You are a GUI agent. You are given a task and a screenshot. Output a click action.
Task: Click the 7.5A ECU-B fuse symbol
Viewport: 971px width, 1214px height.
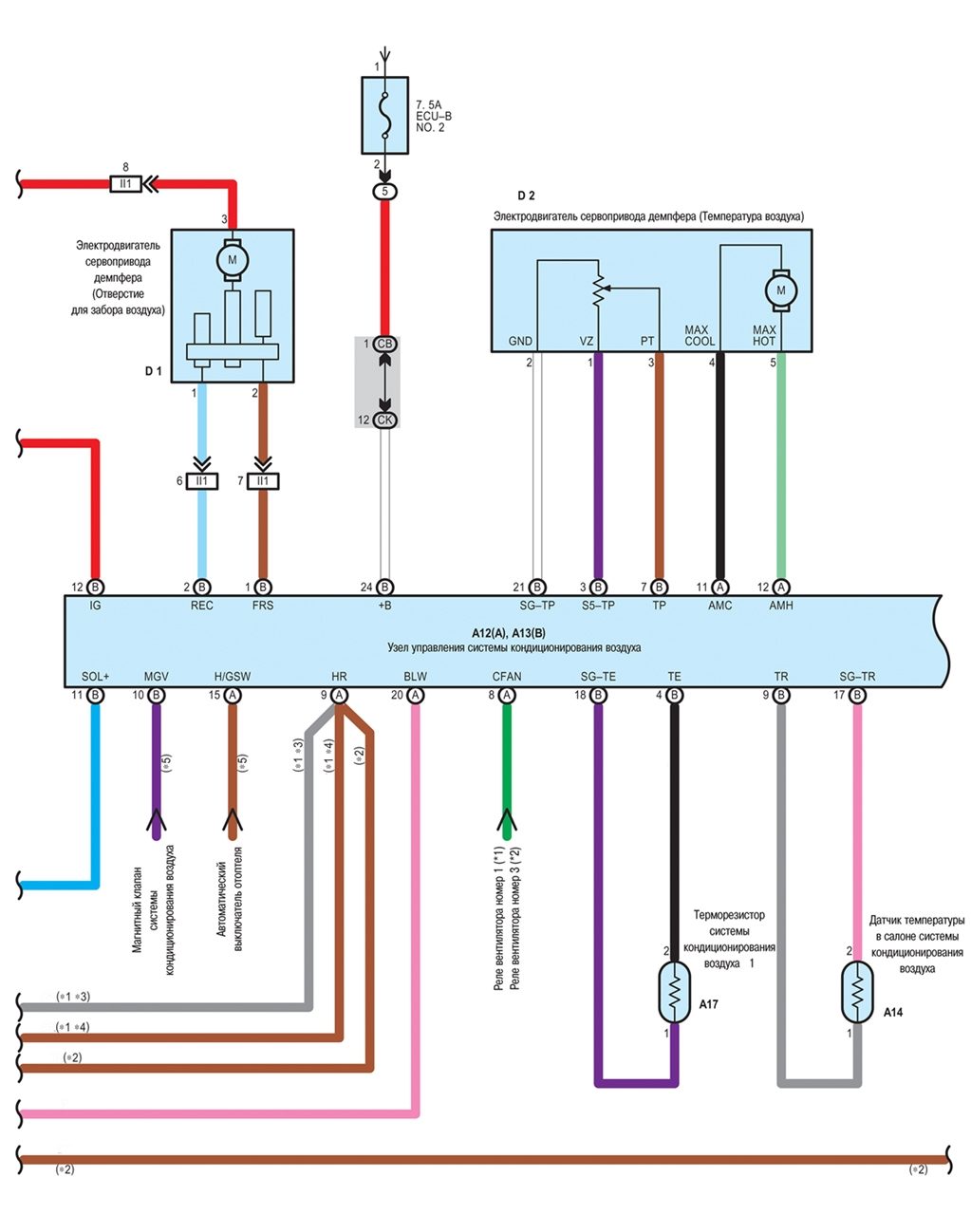click(x=384, y=115)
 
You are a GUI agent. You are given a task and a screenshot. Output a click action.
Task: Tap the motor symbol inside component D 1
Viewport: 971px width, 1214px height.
click(x=233, y=260)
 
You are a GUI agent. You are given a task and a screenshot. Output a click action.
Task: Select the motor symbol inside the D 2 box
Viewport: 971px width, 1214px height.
click(x=781, y=290)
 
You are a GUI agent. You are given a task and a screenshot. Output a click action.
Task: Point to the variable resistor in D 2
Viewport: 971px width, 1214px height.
click(x=599, y=289)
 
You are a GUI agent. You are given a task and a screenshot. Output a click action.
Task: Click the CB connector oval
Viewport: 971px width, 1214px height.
click(x=384, y=344)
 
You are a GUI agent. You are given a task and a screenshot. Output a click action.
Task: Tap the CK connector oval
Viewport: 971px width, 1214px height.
click(x=384, y=420)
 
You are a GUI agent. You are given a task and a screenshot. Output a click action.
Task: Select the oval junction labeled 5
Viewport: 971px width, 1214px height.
click(x=384, y=191)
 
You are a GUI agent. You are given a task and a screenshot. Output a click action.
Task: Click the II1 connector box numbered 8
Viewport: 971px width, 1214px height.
click(x=125, y=184)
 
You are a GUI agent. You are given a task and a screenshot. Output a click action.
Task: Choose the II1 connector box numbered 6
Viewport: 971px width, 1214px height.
click(x=201, y=481)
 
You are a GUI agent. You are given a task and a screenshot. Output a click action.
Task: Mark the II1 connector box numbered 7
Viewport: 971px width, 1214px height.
click(x=263, y=481)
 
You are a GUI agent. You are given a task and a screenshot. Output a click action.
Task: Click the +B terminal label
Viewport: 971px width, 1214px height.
click(x=384, y=606)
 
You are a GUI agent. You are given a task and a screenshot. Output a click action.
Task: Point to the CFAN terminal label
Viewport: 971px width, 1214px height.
click(x=507, y=677)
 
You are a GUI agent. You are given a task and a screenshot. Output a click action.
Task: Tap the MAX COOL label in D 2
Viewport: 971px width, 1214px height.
click(x=700, y=335)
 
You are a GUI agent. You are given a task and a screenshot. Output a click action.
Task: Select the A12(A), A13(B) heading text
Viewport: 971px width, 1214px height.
click(x=509, y=632)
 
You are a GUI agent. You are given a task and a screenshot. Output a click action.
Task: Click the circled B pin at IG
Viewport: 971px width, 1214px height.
click(x=95, y=588)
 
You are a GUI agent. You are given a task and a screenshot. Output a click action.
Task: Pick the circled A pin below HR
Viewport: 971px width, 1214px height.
click(x=339, y=695)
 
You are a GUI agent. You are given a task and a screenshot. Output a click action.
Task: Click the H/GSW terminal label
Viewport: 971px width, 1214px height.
click(x=233, y=677)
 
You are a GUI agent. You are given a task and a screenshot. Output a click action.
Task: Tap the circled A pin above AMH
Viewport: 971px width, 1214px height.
click(x=781, y=588)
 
